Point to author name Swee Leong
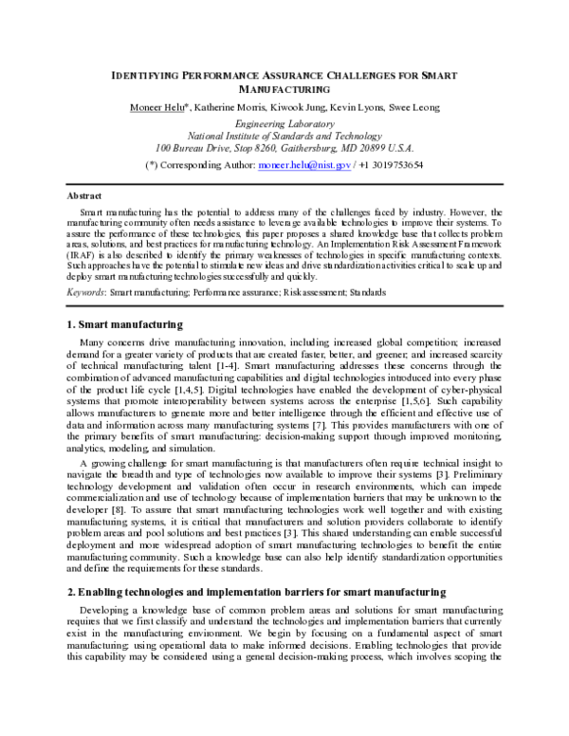(414, 107)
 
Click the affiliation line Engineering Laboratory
(284, 124)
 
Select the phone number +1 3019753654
(393, 165)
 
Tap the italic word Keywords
(84, 293)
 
